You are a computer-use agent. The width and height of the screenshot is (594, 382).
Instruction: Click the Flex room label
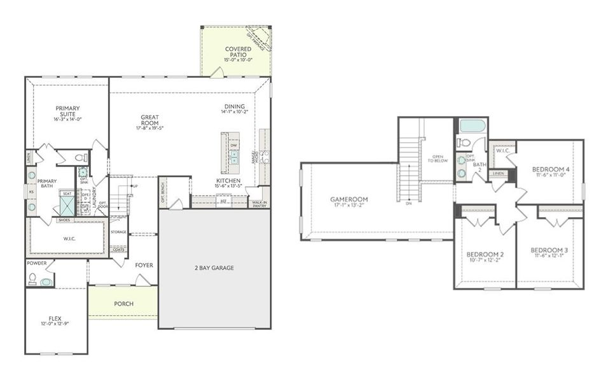point(55,318)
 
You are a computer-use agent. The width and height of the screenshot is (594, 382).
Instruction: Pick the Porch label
point(123,304)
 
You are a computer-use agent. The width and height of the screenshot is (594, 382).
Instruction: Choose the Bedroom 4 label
point(551,169)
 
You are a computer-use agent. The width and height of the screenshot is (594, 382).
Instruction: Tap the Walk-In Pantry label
point(259,204)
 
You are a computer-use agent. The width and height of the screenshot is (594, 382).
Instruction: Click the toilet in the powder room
point(32,278)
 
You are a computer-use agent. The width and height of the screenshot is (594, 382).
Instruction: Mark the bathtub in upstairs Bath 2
point(472,125)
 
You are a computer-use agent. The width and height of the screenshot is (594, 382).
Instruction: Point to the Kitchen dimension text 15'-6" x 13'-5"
point(228,187)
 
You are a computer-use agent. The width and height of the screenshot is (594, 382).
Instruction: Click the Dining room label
point(235,106)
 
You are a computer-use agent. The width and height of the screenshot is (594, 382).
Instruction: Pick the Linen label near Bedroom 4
point(499,173)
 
